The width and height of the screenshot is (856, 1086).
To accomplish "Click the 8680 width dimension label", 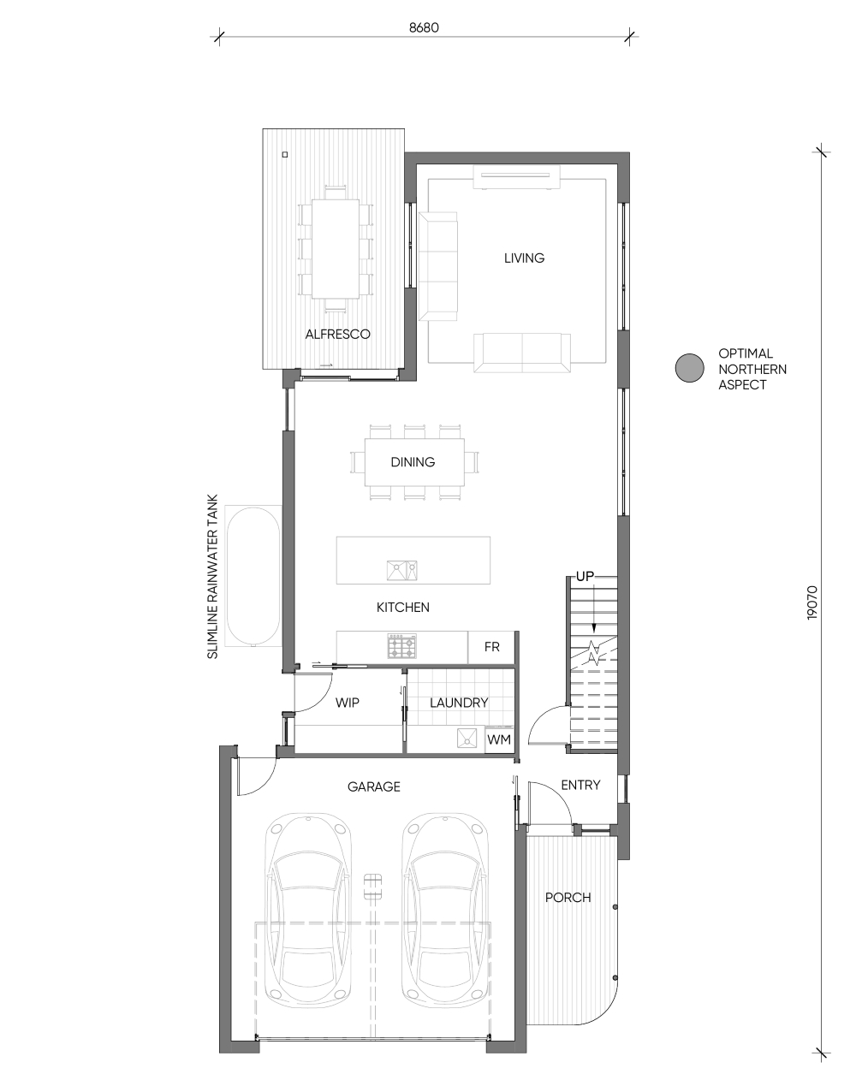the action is (424, 27).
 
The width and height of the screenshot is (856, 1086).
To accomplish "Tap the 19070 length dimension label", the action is (812, 602).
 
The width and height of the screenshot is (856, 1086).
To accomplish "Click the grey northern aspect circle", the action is (689, 368).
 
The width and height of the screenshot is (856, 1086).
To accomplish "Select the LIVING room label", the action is (525, 258).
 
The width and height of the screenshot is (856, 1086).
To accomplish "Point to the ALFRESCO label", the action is (337, 334).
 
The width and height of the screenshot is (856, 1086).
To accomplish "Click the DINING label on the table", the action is (413, 462).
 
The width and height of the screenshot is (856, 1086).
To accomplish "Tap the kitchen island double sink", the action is (402, 570).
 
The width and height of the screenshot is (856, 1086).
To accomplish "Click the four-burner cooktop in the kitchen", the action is (402, 646).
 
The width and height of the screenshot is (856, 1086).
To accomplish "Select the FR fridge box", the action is (491, 647).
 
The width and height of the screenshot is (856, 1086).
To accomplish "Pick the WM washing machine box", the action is (499, 739).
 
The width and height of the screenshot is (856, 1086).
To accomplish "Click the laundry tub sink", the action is (467, 738).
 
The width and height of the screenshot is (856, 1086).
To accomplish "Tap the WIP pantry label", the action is (348, 703).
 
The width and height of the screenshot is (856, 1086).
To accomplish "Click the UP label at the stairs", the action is (585, 576).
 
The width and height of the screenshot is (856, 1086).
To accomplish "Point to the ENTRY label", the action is (581, 785).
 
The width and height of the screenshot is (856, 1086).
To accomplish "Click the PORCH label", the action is (568, 897).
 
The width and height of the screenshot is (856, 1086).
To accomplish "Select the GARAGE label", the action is (374, 786).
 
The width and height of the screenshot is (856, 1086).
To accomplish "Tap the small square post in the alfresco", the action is (285, 154).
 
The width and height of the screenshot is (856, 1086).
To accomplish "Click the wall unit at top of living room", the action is (516, 176).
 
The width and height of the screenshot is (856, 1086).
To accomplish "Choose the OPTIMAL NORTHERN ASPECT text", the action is (752, 369).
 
